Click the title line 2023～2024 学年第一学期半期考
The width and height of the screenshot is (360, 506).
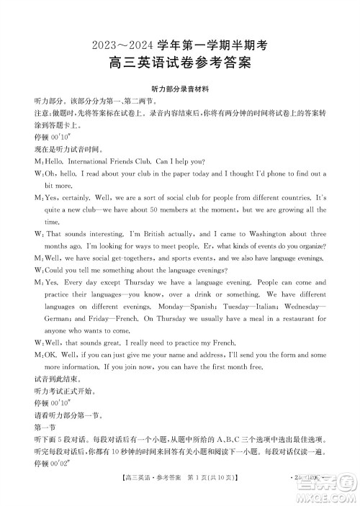pyautogui.click(x=179, y=44)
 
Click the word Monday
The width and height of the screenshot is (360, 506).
pyautogui.click(x=158, y=307)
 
